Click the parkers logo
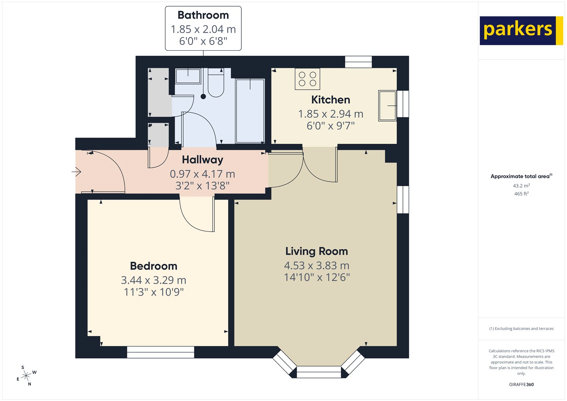pyautogui.click(x=521, y=30)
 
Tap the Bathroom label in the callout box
pyautogui.click(x=203, y=15)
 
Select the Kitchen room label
pyautogui.click(x=330, y=100)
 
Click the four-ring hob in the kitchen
pyautogui.click(x=307, y=79)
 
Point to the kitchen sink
pyautogui.click(x=387, y=106)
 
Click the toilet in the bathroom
pyautogui.click(x=216, y=84)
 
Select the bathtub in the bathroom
pyautogui.click(x=250, y=111)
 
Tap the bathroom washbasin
pyautogui.click(x=188, y=76)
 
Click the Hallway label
pyautogui.click(x=202, y=160)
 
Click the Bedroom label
pyautogui.click(x=153, y=266)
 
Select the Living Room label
pyautogui.click(x=316, y=251)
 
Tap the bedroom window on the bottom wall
pyautogui.click(x=161, y=352)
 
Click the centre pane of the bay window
pyautogui.click(x=319, y=372)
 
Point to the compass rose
pyautogui.click(x=26, y=376)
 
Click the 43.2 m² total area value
pyautogui.click(x=521, y=186)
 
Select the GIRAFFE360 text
pyautogui.click(x=521, y=384)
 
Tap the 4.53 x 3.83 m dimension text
pyautogui.click(x=316, y=266)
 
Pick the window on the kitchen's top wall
pyautogui.click(x=358, y=62)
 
